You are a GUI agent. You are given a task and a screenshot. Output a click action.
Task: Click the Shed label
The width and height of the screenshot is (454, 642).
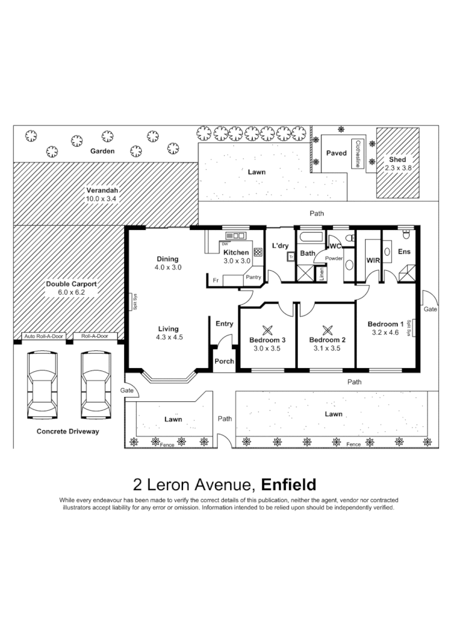coord(397,160)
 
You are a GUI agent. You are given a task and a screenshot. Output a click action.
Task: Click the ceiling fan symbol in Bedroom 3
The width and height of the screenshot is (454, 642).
coord(268,329)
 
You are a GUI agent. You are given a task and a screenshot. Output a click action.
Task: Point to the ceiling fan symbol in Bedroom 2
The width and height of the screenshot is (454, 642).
coord(326,329)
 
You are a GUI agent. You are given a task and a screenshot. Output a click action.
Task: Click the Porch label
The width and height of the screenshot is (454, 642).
coord(224,361)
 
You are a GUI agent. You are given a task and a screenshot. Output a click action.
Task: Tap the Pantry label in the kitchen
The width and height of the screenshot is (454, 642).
coord(253,276)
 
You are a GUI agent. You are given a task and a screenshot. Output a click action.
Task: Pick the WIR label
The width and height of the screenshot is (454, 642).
coord(374,260)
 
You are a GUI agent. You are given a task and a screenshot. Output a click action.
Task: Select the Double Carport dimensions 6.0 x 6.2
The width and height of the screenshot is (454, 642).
coord(71,292)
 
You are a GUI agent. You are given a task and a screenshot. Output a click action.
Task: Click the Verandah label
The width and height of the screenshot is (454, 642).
coord(102,190)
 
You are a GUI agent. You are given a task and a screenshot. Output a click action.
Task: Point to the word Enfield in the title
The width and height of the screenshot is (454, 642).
coord(288,485)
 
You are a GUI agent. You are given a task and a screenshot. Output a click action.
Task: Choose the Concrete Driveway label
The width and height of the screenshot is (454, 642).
coord(68,431)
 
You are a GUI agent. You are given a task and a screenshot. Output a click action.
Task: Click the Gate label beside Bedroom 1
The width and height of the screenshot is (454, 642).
coord(430,310)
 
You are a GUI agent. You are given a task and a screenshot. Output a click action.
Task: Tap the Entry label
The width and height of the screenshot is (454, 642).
coord(224,324)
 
